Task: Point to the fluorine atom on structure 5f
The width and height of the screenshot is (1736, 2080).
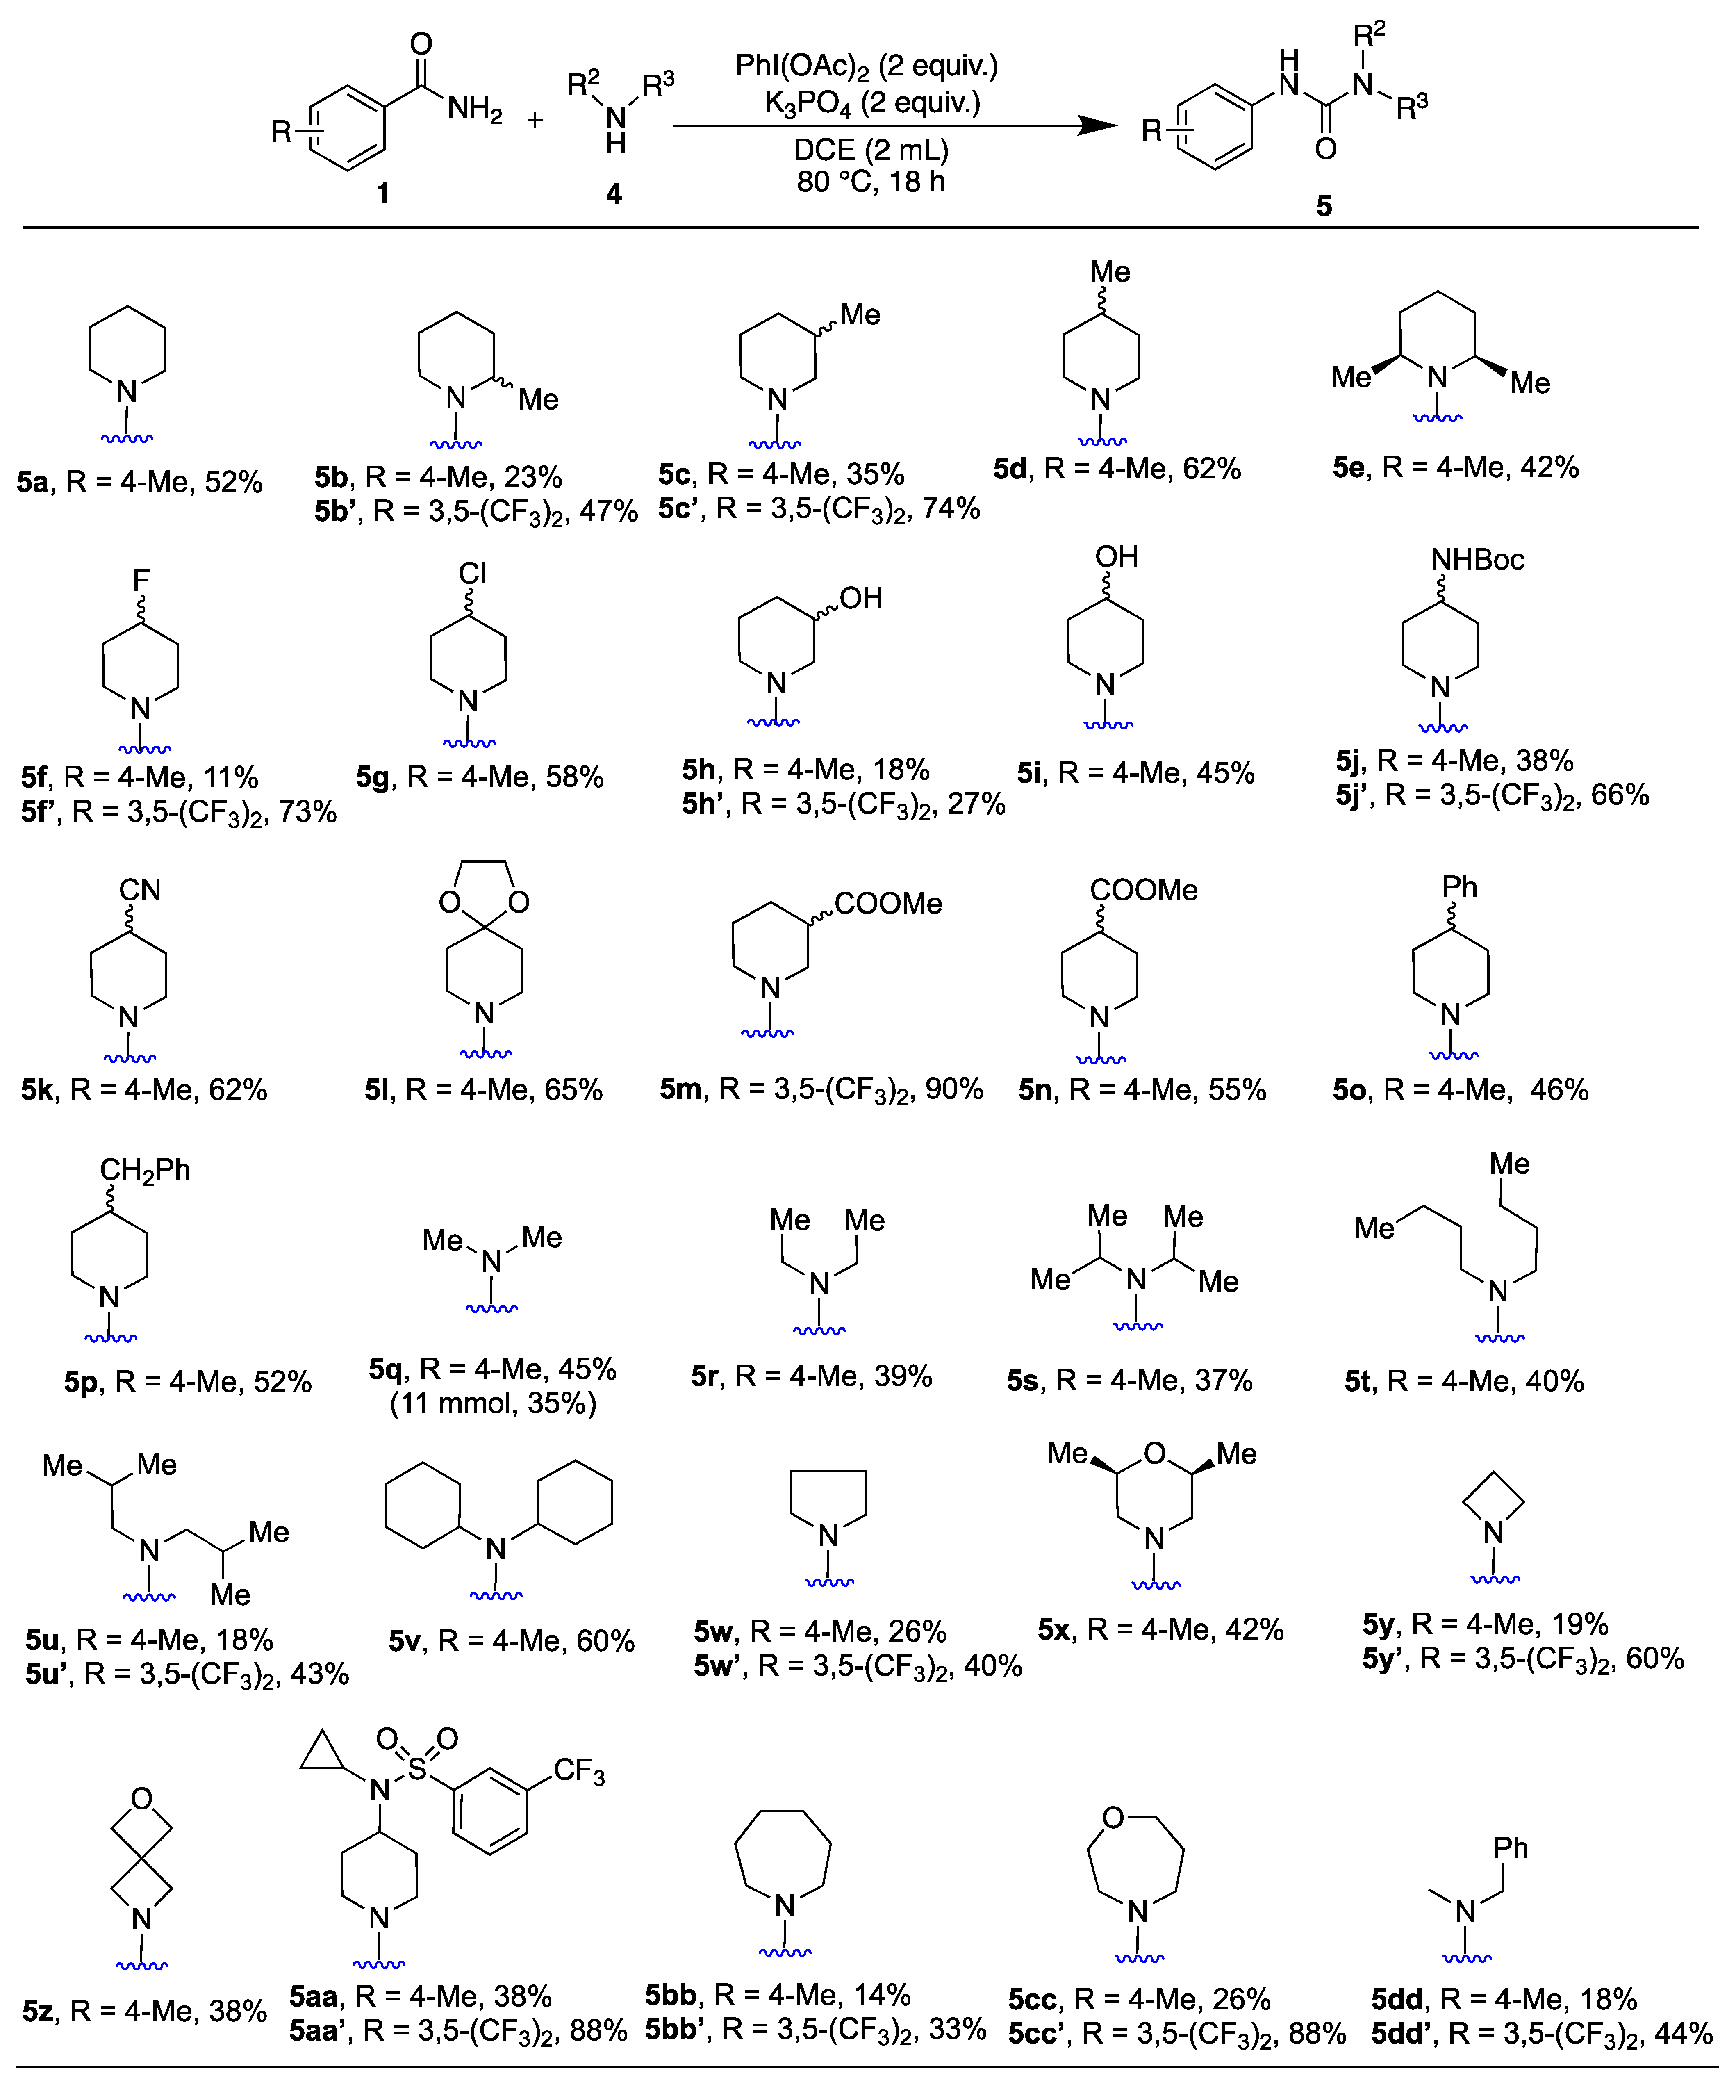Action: tap(141, 579)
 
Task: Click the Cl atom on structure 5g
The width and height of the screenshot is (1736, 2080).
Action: tap(472, 574)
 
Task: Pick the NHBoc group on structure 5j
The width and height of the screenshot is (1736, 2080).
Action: tap(1477, 560)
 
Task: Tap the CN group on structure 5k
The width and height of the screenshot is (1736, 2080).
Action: tap(140, 889)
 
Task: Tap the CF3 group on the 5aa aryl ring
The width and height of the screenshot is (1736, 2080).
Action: tap(578, 1771)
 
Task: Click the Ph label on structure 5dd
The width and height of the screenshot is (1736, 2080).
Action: tap(1510, 1848)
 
